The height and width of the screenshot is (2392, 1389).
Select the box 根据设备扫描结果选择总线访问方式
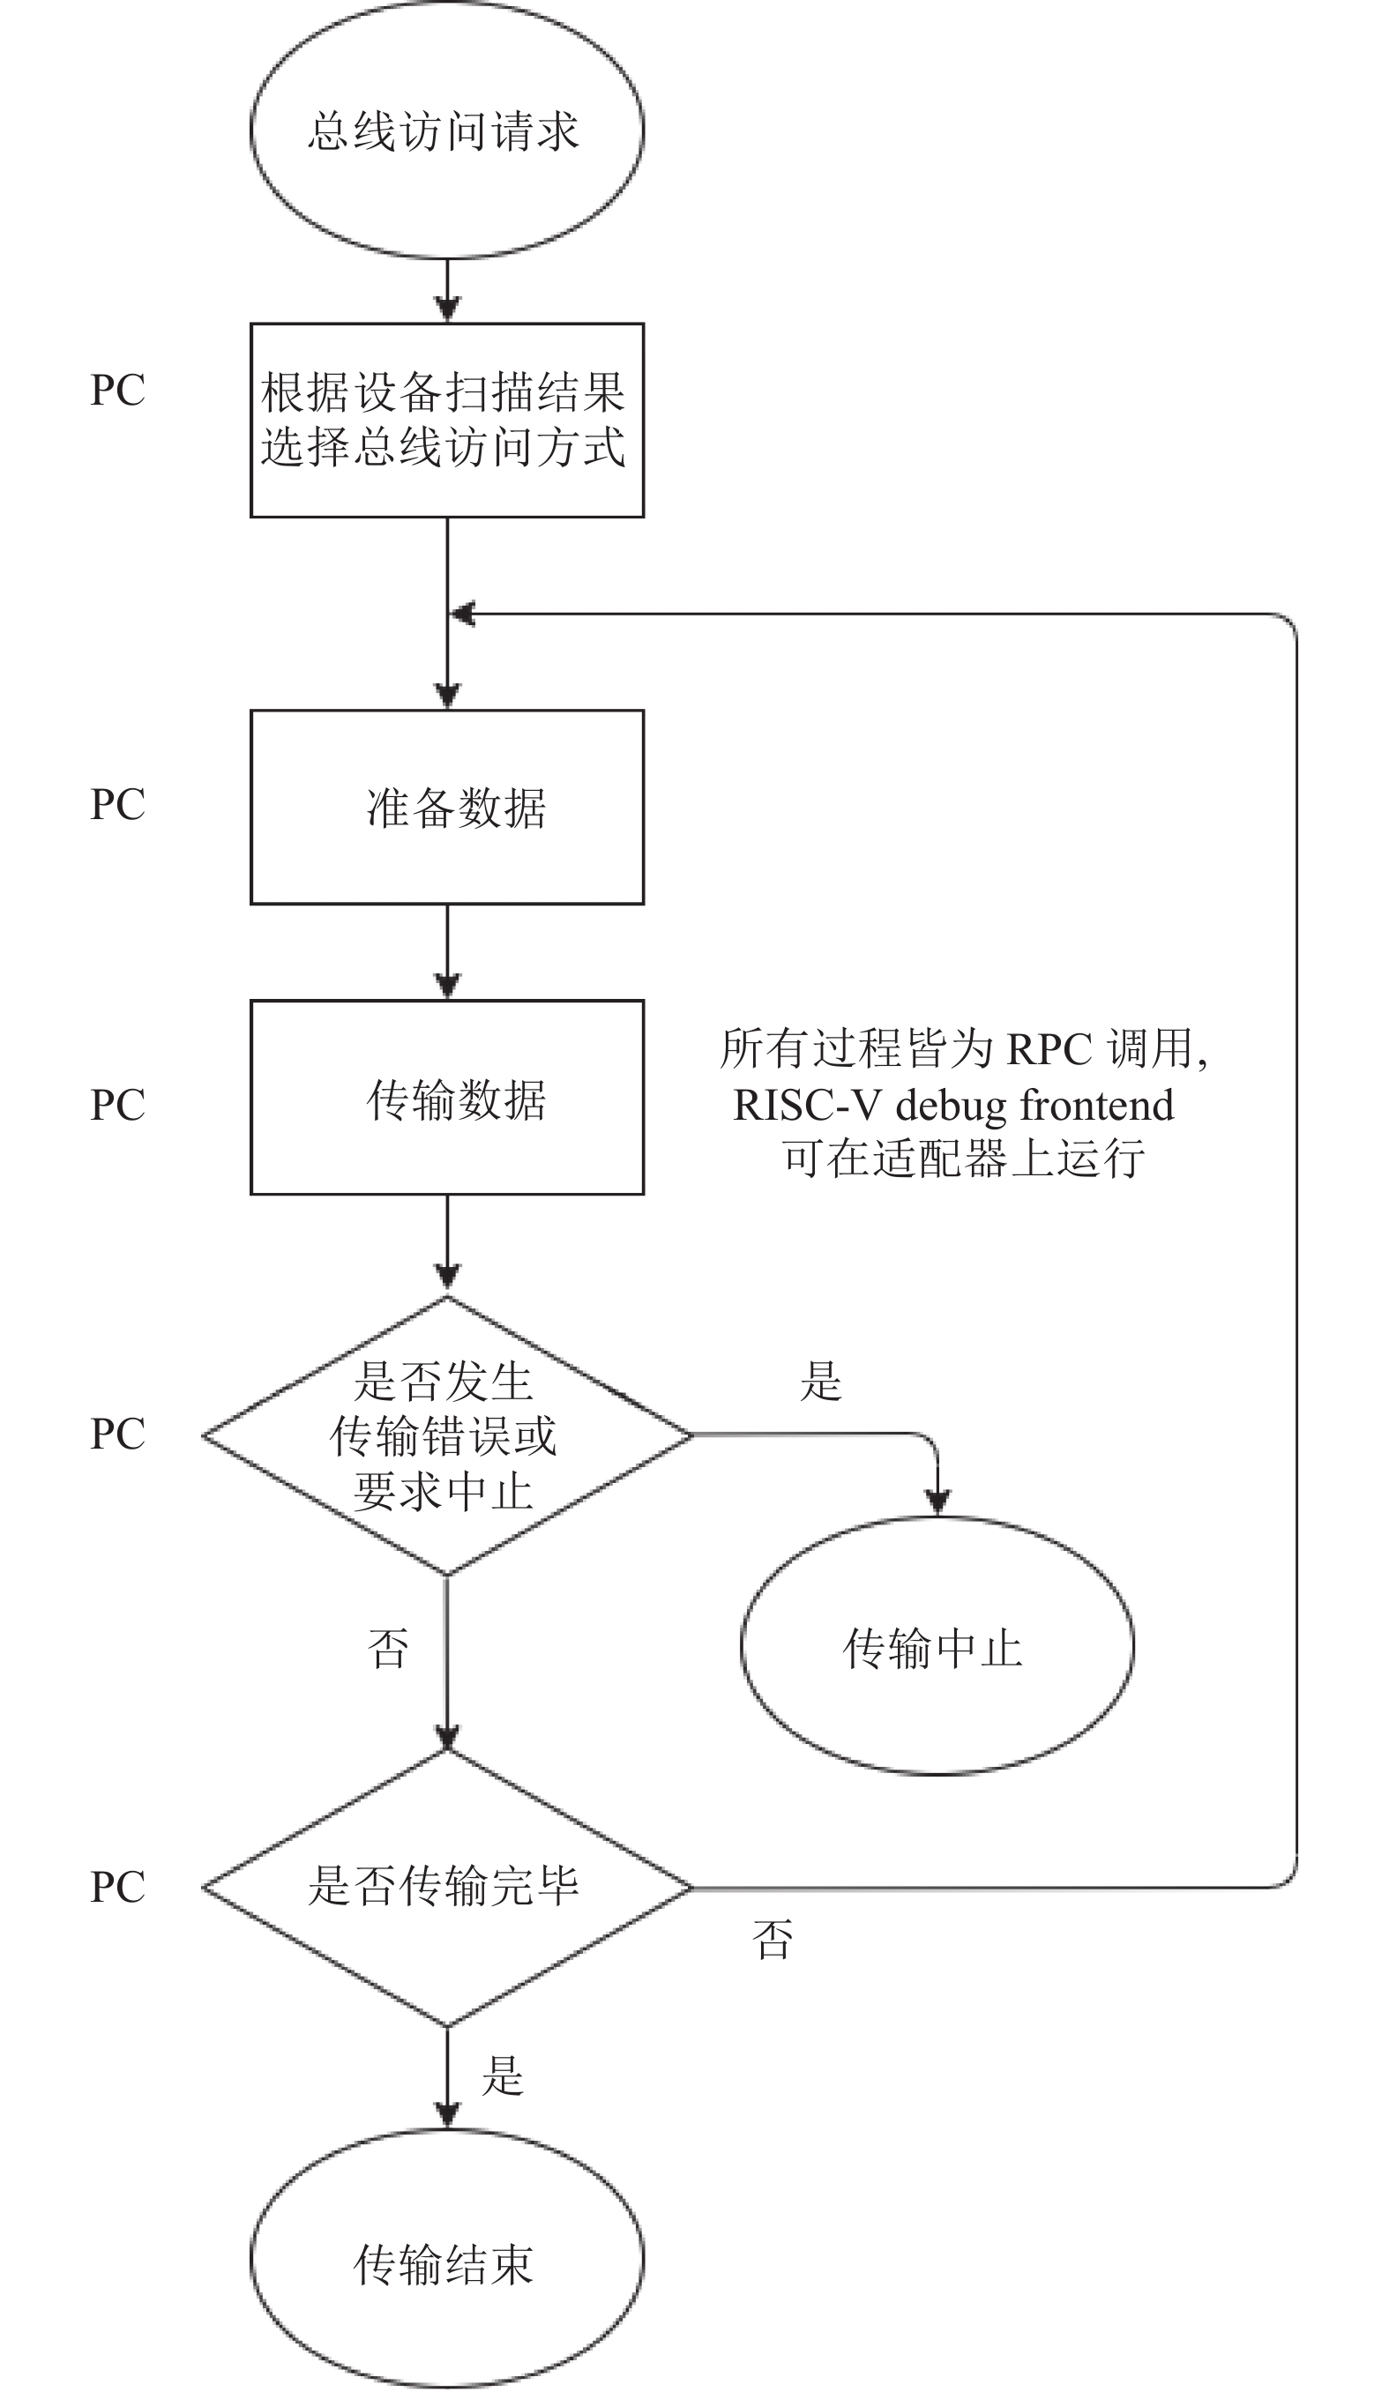tap(447, 421)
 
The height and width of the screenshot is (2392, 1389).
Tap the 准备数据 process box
tap(447, 807)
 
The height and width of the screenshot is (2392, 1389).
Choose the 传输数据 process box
tap(447, 1098)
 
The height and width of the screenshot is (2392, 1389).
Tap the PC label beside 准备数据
tap(117, 804)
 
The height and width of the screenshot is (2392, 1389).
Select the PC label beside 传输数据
tap(117, 1104)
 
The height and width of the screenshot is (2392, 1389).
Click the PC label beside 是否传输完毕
tap(117, 1887)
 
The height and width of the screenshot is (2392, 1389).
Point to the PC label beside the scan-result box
tap(117, 389)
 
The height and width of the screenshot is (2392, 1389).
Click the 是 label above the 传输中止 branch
tap(821, 1380)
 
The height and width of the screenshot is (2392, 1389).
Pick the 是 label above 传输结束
tap(502, 2075)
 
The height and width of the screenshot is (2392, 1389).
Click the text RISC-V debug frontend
tap(953, 1105)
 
